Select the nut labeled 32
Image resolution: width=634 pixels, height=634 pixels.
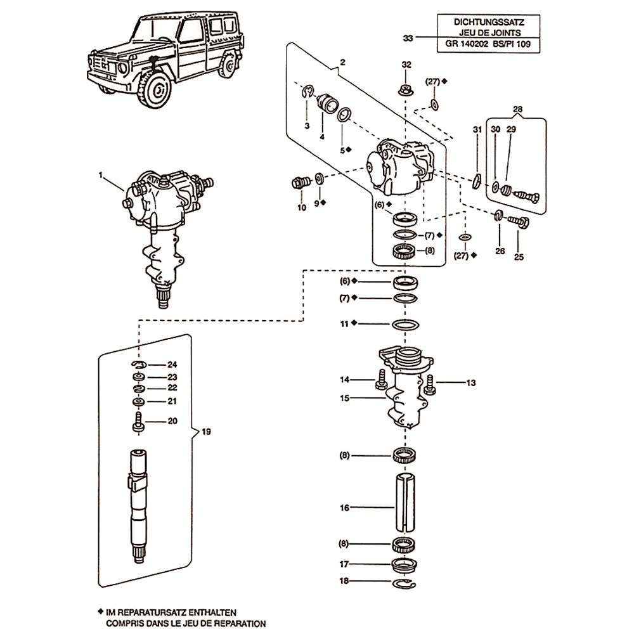point(406,87)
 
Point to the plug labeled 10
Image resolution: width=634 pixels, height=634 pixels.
point(297,183)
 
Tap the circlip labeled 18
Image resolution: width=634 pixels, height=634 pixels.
point(404,582)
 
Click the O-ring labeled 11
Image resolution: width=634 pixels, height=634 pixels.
point(405,324)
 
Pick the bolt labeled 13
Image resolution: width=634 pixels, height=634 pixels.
point(430,384)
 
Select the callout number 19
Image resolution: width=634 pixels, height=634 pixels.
point(205,432)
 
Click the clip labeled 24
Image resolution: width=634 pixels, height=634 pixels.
point(139,365)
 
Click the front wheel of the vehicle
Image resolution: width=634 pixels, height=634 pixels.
point(155,90)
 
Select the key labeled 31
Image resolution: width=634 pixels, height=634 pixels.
point(476,181)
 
